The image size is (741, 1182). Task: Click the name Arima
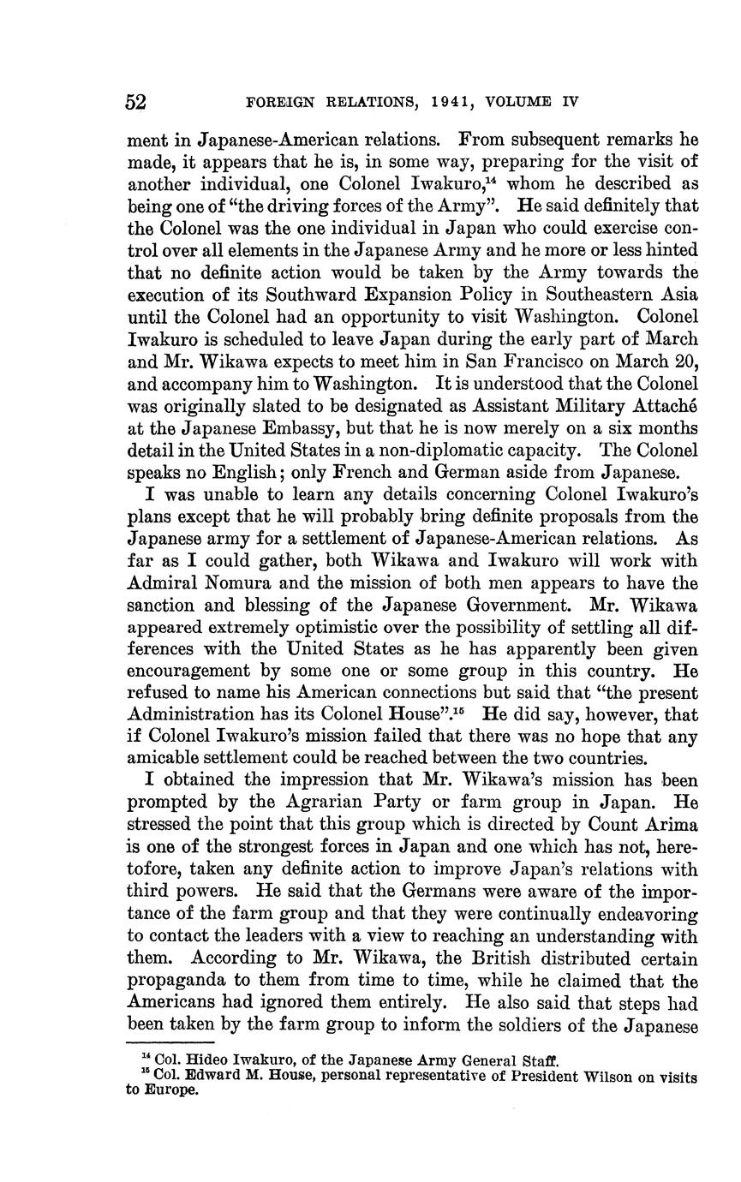click(x=672, y=826)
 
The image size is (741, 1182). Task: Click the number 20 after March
click(x=688, y=361)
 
